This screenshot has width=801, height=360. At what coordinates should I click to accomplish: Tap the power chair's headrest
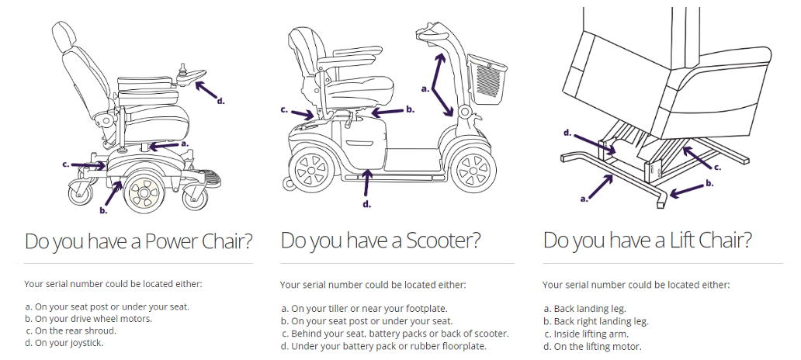pyautogui.click(x=64, y=36)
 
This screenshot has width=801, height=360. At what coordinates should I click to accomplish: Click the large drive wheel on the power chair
pyautogui.click(x=144, y=192)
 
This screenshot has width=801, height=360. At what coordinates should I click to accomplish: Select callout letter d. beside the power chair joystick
pyautogui.click(x=220, y=101)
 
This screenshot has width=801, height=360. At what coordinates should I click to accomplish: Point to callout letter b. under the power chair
pyautogui.click(x=104, y=210)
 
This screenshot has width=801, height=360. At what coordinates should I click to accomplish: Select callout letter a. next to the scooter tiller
pyautogui.click(x=425, y=88)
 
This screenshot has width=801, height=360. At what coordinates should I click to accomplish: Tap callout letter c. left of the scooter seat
pyautogui.click(x=285, y=109)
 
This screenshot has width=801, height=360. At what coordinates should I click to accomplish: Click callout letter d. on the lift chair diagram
pyautogui.click(x=567, y=133)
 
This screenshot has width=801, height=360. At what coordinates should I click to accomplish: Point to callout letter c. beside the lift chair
pyautogui.click(x=717, y=167)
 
